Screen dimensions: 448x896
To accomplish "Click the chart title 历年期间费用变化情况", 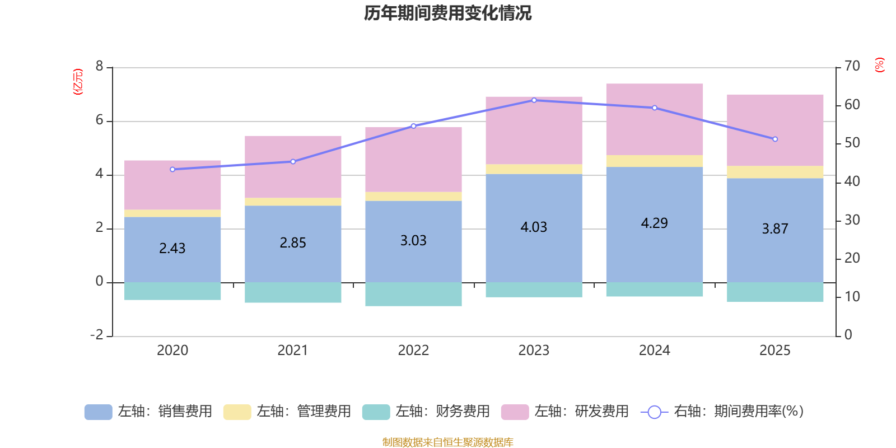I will (447, 13).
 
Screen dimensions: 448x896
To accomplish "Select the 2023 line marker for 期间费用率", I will (534, 100).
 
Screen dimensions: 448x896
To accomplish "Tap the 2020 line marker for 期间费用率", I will (172, 169).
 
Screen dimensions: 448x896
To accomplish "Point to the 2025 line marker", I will (775, 139).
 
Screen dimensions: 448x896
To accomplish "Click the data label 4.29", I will (654, 223).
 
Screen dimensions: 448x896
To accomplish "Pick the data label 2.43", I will (172, 248).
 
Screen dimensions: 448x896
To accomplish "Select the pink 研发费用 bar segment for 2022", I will (413, 160).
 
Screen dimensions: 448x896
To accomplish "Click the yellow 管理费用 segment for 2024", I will (654, 161).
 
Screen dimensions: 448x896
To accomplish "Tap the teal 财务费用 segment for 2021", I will (293, 292).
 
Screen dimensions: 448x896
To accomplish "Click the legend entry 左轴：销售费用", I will (148, 412).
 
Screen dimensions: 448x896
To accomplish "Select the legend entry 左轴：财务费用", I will (426, 412).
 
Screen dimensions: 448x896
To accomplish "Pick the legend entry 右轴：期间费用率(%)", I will (722, 412).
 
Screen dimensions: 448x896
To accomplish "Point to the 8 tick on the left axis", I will (100, 67).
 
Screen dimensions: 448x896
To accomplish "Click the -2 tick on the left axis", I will (97, 335).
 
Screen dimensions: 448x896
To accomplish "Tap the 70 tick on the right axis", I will (852, 67).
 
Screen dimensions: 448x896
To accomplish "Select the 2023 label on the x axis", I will (534, 351).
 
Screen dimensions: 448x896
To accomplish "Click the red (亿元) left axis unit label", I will (78, 82).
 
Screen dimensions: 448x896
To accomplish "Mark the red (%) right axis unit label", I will (880, 65).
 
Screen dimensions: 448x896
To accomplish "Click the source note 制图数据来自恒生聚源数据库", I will (447, 442).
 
